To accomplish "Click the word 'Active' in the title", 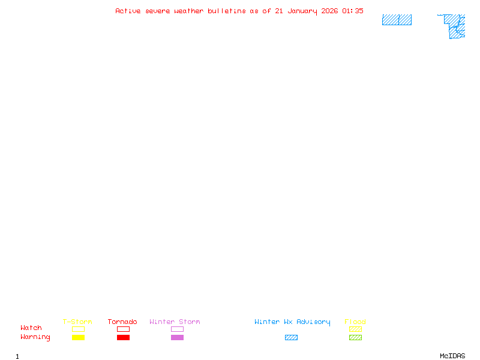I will click(x=128, y=11).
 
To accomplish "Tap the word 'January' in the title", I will click(x=302, y=11).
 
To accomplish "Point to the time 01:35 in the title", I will click(x=353, y=11).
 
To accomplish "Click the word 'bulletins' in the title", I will click(x=227, y=11).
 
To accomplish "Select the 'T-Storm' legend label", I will click(x=77, y=322).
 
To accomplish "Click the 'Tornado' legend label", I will click(x=122, y=322).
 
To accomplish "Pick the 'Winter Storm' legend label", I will click(x=175, y=322).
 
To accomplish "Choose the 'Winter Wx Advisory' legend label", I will click(x=292, y=322).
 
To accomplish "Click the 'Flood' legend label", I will click(x=355, y=322).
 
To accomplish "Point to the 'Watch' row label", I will click(x=31, y=328).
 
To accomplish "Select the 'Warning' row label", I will click(x=35, y=337).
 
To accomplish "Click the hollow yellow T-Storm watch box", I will click(x=78, y=329).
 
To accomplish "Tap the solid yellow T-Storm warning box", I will click(x=78, y=338).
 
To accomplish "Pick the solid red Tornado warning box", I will click(x=123, y=338).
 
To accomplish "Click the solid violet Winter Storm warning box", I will click(x=177, y=338).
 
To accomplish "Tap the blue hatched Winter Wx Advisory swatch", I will click(x=291, y=338).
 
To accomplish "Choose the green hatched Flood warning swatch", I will click(x=355, y=338).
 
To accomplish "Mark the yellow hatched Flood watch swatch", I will click(x=355, y=329).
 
